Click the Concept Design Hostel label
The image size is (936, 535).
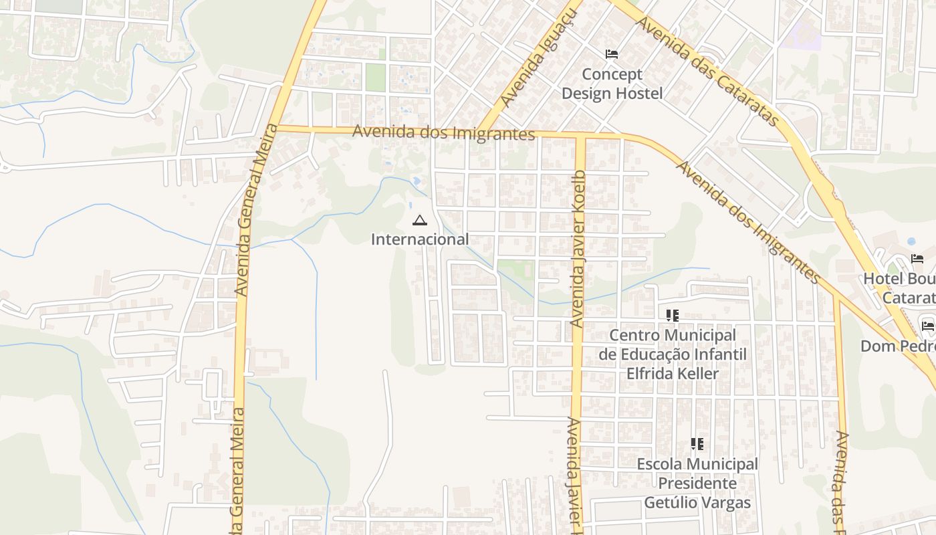612,84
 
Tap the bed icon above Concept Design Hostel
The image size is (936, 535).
612,54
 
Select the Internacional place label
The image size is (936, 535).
420,239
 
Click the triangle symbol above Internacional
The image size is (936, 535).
420,220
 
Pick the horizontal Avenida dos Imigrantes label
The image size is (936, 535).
443,132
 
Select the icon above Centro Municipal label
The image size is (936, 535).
672,315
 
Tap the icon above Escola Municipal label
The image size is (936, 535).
697,444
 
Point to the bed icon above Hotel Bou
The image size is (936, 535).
917,259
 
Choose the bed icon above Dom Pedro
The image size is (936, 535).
927,326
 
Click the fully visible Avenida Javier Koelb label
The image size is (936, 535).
578,249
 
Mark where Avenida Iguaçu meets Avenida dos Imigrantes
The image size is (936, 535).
483,131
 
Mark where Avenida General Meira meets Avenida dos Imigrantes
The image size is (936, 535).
278,127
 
